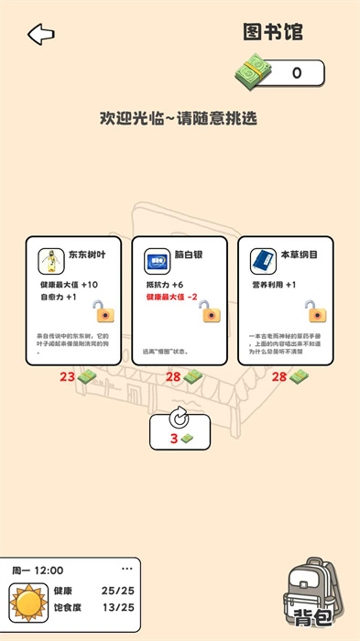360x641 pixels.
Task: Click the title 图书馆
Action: click(272, 33)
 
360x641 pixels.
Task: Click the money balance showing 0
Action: click(296, 73)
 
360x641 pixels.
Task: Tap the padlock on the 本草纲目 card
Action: click(316, 311)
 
